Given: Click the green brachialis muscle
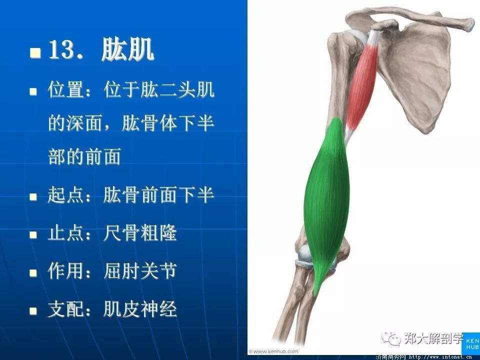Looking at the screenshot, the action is [326, 202].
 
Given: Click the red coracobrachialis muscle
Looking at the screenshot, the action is [362, 85].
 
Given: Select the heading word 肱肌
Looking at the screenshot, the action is [127, 49].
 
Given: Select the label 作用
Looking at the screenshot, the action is [66, 270].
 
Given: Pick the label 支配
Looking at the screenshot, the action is [66, 308].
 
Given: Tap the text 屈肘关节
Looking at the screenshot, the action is [140, 270].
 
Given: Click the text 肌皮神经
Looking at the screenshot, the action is [140, 308].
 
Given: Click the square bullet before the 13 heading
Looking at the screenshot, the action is [35, 52].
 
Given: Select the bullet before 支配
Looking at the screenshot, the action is [33, 311].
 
